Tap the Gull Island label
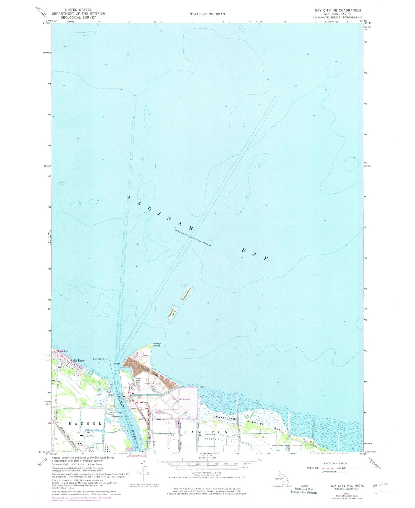pyautogui.click(x=98, y=359)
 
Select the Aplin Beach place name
pyautogui.click(x=78, y=360)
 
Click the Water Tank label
pyautogui.click(x=139, y=380)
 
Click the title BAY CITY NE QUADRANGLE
pyautogui.click(x=338, y=10)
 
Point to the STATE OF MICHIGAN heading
pyautogui.click(x=207, y=14)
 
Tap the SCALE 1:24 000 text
pyautogui.click(x=207, y=458)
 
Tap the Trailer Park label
pyautogui.click(x=63, y=351)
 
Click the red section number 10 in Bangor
pyautogui.click(x=78, y=431)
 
